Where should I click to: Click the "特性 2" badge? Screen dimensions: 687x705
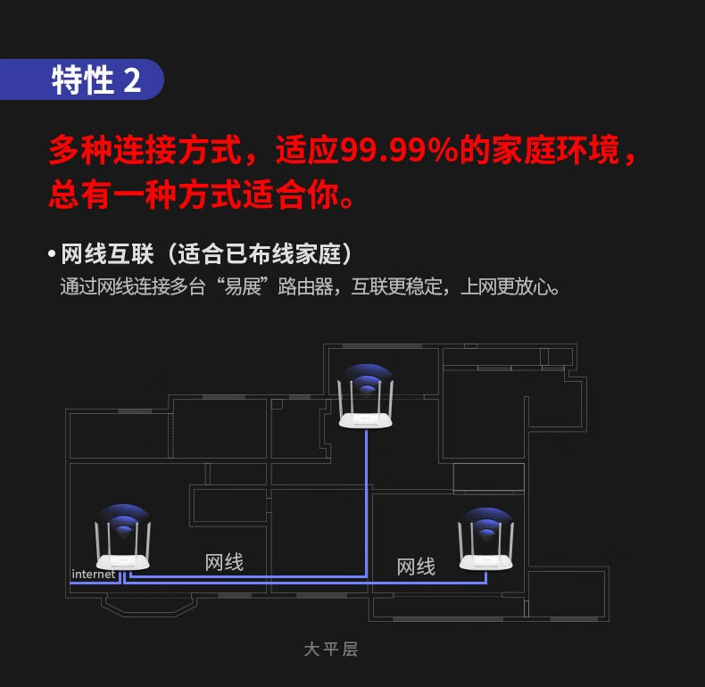tap(96, 80)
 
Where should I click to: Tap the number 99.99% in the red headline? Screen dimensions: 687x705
tap(399, 150)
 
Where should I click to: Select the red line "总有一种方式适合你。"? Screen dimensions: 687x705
tap(202, 195)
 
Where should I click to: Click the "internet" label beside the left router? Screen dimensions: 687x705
tap(93, 574)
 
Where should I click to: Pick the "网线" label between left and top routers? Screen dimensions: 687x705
tap(224, 562)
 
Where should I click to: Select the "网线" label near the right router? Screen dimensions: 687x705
tap(415, 567)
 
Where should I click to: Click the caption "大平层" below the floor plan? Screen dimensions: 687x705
tap(330, 649)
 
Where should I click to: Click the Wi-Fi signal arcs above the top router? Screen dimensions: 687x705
tap(366, 379)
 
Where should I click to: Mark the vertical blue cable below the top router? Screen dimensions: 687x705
tap(366, 500)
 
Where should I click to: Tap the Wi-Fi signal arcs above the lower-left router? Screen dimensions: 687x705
tap(124, 519)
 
